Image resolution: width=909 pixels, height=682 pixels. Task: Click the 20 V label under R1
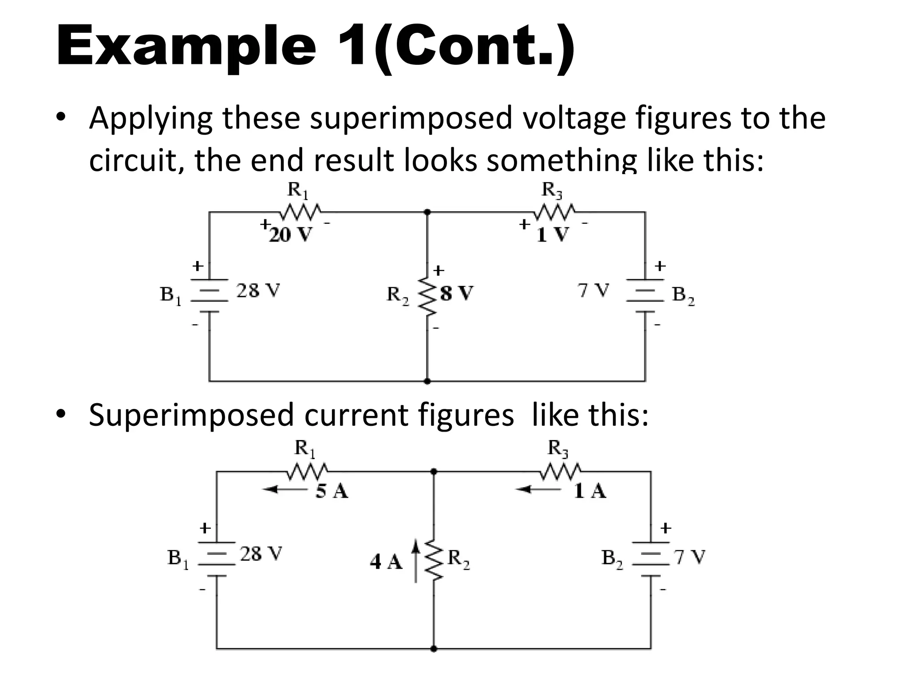291,234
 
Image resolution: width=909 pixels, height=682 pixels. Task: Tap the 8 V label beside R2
457,293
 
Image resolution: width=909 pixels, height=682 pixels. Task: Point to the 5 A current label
332,491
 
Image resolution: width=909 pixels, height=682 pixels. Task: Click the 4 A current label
386,562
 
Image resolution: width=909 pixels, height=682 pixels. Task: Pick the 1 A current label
590,491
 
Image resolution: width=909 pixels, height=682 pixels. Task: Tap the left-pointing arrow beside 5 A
284,490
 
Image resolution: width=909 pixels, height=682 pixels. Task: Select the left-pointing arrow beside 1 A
537,490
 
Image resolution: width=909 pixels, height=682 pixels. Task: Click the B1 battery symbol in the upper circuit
209,295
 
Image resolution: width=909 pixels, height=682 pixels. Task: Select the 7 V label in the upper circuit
593,291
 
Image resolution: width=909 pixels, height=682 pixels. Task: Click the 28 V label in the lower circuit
261,554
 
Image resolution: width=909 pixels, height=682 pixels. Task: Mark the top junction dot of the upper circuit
427,212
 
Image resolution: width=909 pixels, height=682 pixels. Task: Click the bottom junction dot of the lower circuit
434,649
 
